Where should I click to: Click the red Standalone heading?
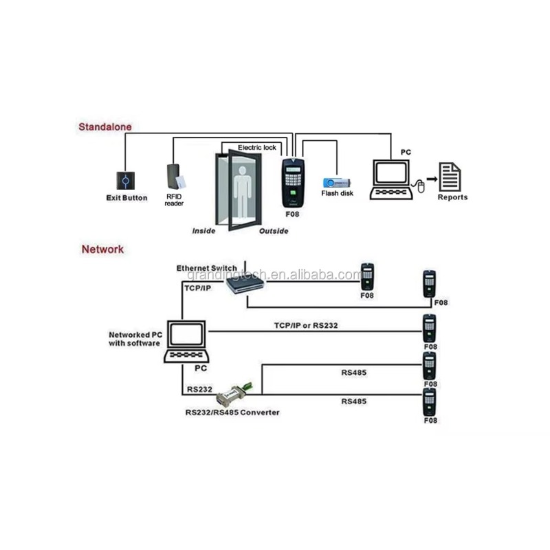point(105,126)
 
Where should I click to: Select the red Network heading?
point(102,250)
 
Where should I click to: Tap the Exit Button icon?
point(126,181)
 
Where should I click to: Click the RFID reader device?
point(175,177)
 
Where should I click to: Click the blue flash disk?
point(336,183)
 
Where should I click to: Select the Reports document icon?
point(450,177)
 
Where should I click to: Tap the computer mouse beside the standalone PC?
point(421,186)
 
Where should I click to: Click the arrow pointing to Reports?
point(432,179)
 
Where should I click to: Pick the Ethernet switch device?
point(245,283)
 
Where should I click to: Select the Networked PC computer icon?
point(186,341)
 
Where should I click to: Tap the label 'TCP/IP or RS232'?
point(306,325)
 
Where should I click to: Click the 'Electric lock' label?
point(256,148)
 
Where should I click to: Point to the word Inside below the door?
point(203,231)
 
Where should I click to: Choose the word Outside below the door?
point(274,231)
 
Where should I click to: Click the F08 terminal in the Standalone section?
point(294,183)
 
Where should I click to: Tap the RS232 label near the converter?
point(199,389)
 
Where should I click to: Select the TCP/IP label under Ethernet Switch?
point(198,288)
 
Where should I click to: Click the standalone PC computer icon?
point(391,179)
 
